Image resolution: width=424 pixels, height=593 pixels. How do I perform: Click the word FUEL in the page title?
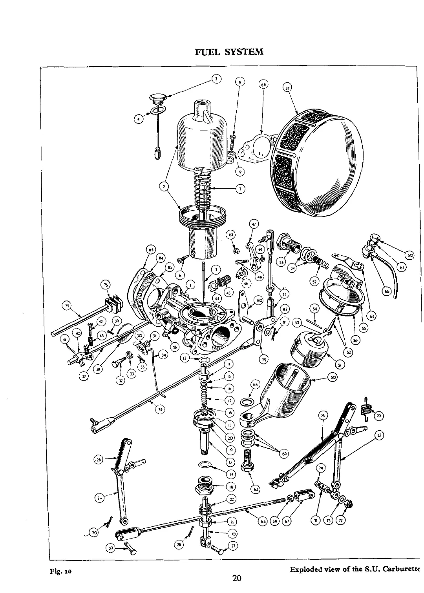(x=208, y=52)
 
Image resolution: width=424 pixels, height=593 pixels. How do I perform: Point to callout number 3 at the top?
(x=215, y=78)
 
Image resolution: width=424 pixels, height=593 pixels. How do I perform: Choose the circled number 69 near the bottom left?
(x=111, y=548)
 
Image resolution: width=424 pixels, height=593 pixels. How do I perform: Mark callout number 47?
(x=254, y=224)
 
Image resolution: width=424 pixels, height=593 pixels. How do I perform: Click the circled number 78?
(x=160, y=409)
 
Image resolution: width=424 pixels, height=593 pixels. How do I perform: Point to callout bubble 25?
(x=323, y=416)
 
